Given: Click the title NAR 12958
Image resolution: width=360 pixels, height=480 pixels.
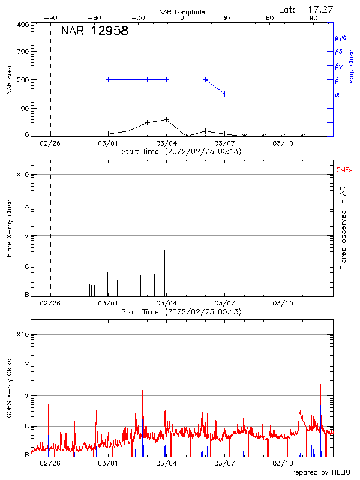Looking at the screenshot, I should (x=95, y=32).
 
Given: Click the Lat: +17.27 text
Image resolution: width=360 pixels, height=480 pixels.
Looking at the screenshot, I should (x=307, y=9).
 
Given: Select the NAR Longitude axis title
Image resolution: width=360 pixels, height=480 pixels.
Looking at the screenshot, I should (x=182, y=12).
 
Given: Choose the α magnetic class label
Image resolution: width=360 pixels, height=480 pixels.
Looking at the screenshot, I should (x=337, y=94).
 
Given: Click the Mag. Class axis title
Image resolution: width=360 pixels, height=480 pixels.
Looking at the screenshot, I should (x=351, y=66).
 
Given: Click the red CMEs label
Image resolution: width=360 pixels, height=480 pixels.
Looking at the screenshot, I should (x=344, y=171).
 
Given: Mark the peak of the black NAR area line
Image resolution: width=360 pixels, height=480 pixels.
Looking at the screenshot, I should (x=167, y=119).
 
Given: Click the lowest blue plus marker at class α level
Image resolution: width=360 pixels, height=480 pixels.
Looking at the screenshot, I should (x=224, y=94).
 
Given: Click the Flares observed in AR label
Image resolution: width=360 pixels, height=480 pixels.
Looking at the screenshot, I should (x=343, y=228).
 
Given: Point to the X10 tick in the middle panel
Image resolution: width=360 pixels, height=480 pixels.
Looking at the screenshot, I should (x=23, y=175).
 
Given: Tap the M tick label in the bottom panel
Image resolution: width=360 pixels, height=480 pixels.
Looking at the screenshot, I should (x=26, y=396).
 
